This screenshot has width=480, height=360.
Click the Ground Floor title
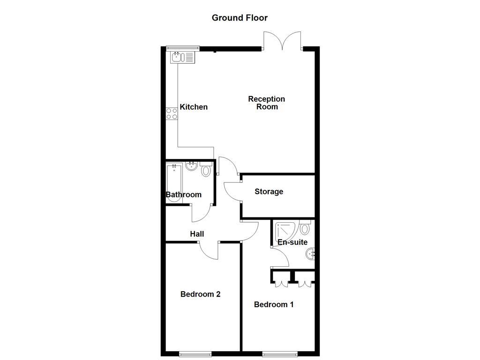240,18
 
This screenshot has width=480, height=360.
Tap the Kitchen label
194,107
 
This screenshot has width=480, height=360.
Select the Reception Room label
266,103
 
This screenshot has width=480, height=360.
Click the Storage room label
269,191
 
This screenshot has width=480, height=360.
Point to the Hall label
197,234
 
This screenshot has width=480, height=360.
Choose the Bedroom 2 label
200,294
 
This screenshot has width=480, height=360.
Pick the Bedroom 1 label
274,305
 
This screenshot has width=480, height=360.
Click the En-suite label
292,242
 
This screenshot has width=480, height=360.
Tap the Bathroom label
184,195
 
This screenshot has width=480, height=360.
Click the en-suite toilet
305,228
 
